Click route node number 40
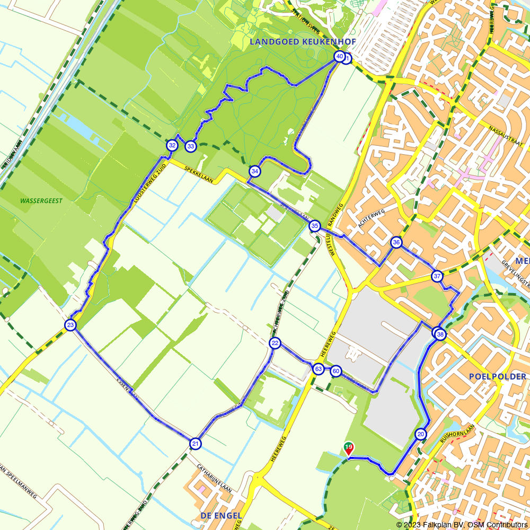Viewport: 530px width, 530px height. click(339, 57)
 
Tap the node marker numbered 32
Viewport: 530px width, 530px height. click(172, 145)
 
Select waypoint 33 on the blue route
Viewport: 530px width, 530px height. click(190, 146)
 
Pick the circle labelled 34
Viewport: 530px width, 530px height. click(255, 171)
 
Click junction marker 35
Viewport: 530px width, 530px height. click(315, 226)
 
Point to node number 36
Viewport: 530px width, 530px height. click(396, 242)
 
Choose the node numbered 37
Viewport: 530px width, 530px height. click(437, 276)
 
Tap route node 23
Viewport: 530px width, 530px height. click(70, 325)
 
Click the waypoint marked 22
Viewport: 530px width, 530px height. click(275, 343)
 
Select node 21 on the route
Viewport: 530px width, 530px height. click(196, 444)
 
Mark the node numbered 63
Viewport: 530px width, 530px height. click(318, 369)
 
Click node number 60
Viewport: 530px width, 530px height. click(335, 372)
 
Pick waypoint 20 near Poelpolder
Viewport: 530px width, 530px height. click(421, 434)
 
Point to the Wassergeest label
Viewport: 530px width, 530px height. click(41, 201)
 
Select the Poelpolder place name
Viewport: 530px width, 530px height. click(497, 377)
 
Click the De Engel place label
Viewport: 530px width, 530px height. click(221, 515)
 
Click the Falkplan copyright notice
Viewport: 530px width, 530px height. click(462, 525)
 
